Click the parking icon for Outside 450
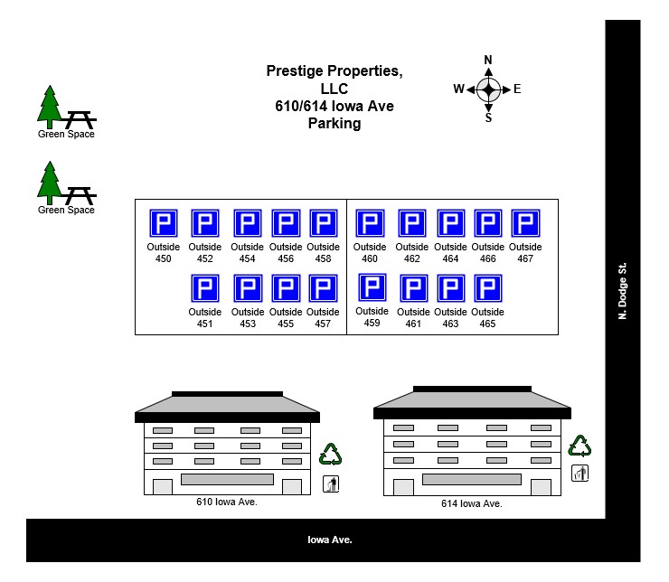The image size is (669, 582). click(163, 223)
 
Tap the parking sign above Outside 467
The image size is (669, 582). click(525, 223)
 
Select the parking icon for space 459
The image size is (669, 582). click(372, 287)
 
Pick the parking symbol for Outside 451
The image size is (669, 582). click(205, 289)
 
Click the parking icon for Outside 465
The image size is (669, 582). click(487, 289)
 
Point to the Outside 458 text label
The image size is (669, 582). click(323, 253)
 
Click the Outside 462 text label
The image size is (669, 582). click(411, 253)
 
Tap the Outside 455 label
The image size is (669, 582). click(285, 318)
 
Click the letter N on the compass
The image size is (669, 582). click(488, 61)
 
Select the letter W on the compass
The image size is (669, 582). click(458, 89)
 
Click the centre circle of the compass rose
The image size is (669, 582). click(488, 89)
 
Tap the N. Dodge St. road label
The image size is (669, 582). click(622, 292)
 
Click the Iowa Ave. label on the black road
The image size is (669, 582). click(330, 540)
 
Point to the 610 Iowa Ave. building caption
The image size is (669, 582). click(227, 502)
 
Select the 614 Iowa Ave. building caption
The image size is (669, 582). click(471, 503)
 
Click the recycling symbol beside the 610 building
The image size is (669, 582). click(331, 455)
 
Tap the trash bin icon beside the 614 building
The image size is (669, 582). click(579, 473)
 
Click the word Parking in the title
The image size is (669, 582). click(334, 124)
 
